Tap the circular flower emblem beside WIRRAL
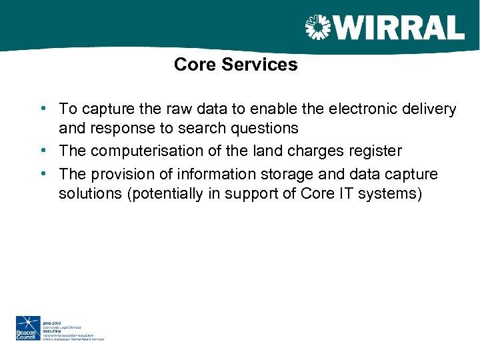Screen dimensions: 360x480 (x=317, y=27)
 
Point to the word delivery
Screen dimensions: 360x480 (x=430, y=109)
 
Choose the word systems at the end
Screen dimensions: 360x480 (x=391, y=194)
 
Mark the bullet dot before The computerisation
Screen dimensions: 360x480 (x=43, y=150)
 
